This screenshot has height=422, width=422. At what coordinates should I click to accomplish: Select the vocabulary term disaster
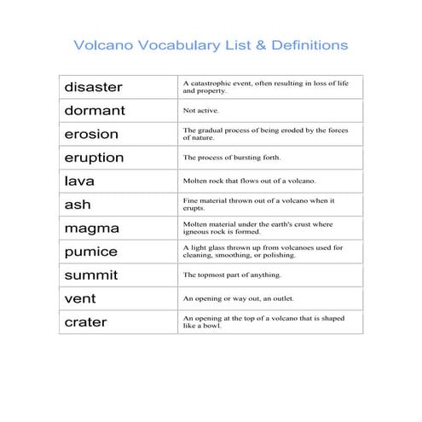93,87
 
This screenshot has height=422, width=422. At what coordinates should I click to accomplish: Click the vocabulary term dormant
95,111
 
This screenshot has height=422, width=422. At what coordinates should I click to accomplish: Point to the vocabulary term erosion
91,134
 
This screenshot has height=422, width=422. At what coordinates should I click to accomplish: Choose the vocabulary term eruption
94,158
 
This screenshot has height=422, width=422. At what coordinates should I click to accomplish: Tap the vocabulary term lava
79,181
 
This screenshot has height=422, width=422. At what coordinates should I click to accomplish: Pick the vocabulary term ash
77,205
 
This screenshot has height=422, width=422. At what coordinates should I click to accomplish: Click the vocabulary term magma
91,228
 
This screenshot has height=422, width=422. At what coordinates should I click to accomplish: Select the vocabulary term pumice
90,252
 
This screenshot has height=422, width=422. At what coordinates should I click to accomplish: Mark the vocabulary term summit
91,275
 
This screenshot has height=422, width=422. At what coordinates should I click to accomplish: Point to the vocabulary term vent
80,299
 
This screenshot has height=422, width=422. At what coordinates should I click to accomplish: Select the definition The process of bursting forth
232,158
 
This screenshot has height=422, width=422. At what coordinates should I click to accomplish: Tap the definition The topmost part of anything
232,275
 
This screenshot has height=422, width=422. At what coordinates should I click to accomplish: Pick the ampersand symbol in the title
238,44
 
